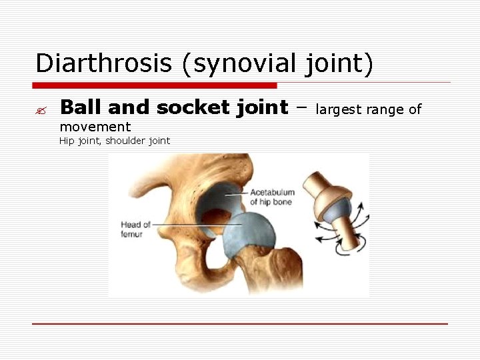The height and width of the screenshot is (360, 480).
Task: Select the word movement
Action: (95, 127)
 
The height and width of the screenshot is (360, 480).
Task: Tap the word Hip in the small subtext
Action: (67, 141)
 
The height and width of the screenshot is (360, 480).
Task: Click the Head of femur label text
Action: (135, 229)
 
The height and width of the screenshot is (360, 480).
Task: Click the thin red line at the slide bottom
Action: (240, 324)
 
